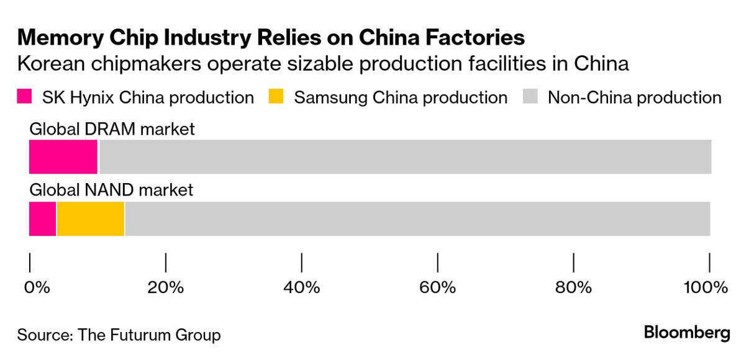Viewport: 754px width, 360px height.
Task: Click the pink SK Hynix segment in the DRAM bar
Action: pos(63,157)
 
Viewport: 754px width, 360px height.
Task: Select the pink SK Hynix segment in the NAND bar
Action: pos(43,218)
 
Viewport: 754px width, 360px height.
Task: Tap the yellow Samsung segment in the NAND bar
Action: pos(91,218)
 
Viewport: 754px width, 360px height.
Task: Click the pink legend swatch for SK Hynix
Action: pos(24,97)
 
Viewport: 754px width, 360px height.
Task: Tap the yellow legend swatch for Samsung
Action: pos(276,97)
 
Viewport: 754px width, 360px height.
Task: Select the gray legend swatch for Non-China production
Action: pos(530,97)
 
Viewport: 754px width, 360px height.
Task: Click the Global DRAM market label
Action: pos(112,129)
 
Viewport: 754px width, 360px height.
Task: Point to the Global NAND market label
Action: pos(112,189)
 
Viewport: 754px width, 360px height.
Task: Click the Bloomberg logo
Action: pos(687,332)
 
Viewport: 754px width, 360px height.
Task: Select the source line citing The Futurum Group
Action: pos(119,335)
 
